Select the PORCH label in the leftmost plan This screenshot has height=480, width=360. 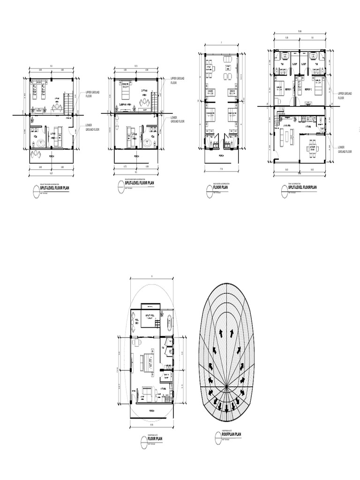point(51,157)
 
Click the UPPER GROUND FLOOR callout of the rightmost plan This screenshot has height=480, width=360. point(345,96)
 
